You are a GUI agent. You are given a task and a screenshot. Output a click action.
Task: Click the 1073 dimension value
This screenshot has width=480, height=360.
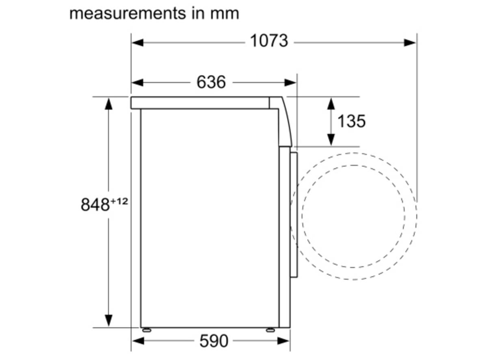[x=269, y=41]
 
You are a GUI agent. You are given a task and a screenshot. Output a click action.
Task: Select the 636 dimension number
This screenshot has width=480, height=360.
[x=211, y=82]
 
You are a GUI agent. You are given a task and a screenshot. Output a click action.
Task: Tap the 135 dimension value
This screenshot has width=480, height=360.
[x=351, y=121]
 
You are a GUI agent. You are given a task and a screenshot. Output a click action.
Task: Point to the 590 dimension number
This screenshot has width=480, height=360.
[x=214, y=341]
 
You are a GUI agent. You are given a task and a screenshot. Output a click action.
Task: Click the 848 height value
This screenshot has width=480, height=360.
[x=95, y=204]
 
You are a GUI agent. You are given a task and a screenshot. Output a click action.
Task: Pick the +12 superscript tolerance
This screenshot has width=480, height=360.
[x=119, y=201]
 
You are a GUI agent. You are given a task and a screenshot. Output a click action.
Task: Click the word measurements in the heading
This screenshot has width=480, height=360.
[x=128, y=14]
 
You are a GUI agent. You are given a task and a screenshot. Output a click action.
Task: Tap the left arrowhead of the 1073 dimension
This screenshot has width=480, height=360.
[x=137, y=43]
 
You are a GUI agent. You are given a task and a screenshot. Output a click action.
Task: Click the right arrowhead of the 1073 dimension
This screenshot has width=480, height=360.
[x=410, y=43]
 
